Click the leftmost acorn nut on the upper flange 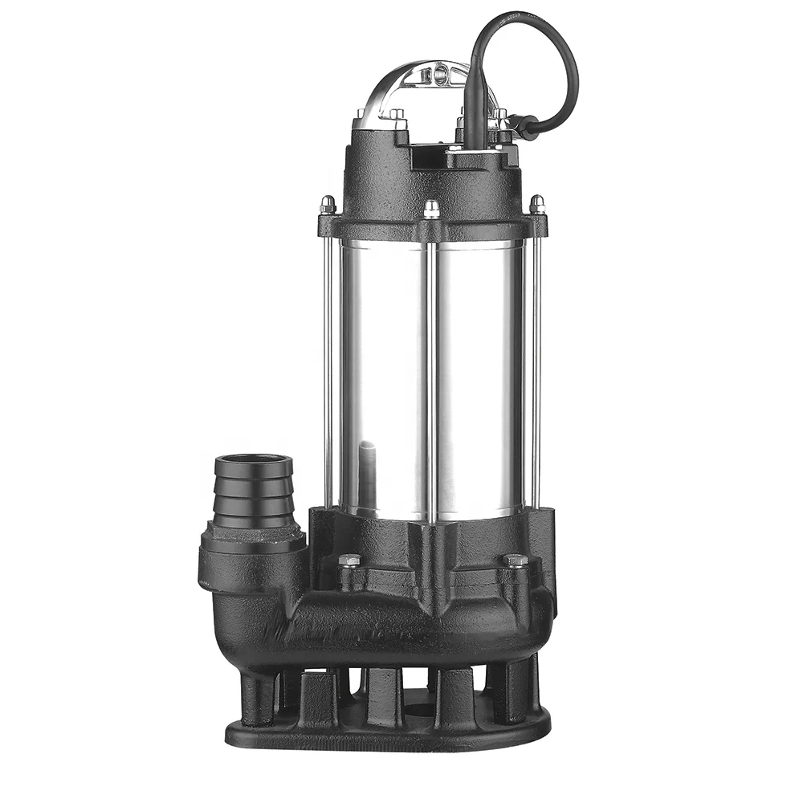coord(328,204)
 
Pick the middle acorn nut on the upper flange coord(432,209)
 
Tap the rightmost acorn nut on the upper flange coord(536,204)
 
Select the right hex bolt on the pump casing coord(515,560)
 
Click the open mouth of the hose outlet coord(253,464)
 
